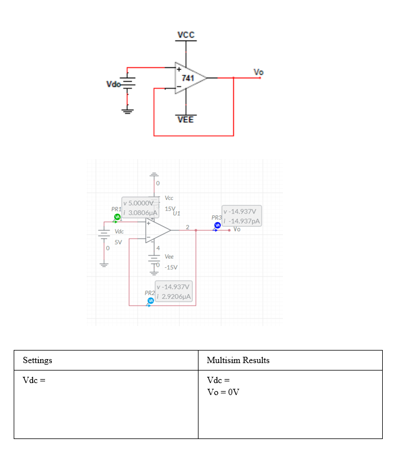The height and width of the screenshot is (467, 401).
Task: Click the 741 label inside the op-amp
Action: pyautogui.click(x=187, y=78)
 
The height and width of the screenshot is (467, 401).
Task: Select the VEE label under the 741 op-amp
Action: pyautogui.click(x=185, y=119)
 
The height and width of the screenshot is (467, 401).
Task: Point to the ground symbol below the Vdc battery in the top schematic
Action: pyautogui.click(x=129, y=108)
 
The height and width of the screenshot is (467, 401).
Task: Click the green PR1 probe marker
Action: pyautogui.click(x=117, y=217)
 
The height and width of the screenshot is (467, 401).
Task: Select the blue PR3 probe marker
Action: pyautogui.click(x=217, y=226)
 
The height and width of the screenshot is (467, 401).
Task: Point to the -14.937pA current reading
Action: pyautogui.click(x=243, y=221)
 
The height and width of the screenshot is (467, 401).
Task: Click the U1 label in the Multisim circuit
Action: pyautogui.click(x=176, y=213)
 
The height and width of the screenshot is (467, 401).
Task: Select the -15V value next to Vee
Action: pyautogui.click(x=171, y=267)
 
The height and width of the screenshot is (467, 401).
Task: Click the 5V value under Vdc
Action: pyautogui.click(x=118, y=242)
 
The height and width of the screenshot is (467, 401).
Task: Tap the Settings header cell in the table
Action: pyautogui.click(x=38, y=360)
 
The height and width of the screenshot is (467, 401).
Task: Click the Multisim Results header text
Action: pyautogui.click(x=238, y=360)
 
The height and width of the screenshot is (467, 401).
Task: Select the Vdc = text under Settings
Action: pyautogui.click(x=34, y=380)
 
